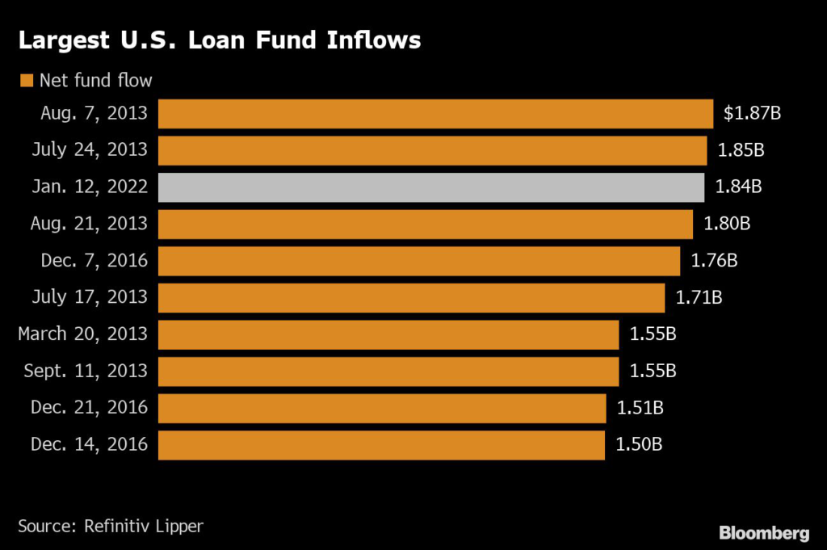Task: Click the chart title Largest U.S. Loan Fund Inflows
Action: [220, 40]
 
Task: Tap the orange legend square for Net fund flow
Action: [27, 80]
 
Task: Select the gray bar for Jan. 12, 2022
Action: [431, 187]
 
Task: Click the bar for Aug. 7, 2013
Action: [435, 113]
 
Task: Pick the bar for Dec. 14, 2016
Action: [381, 445]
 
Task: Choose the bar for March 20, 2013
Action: [388, 334]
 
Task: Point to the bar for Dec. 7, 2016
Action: [419, 261]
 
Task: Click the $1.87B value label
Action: [752, 113]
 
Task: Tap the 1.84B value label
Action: [738, 187]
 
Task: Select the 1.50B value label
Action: [639, 444]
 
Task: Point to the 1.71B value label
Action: [699, 297]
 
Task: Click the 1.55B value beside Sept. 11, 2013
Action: [653, 372]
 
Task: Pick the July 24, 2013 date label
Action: [90, 150]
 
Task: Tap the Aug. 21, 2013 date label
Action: [89, 224]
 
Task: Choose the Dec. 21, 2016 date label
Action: [89, 408]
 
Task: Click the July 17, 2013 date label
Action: [90, 297]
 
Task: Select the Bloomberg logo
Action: [764, 533]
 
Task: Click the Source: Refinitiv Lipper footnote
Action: [111, 527]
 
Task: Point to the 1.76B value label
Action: [714, 261]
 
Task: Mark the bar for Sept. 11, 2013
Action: [388, 372]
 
